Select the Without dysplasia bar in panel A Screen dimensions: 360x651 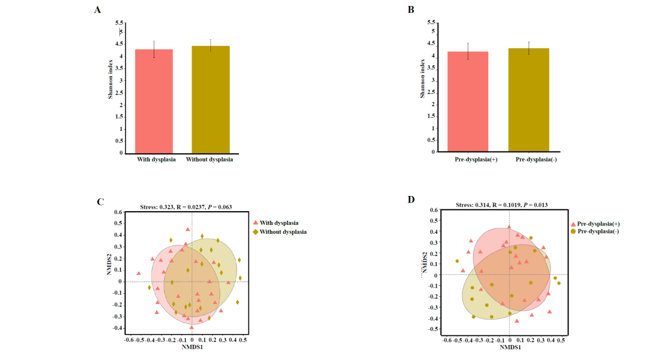pyautogui.click(x=210, y=99)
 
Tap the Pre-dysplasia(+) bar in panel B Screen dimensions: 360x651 pyautogui.click(x=468, y=102)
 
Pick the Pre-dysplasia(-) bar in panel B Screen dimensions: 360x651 pyautogui.click(x=528, y=100)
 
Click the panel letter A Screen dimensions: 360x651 pyautogui.click(x=97, y=10)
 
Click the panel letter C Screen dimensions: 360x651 pyautogui.click(x=101, y=201)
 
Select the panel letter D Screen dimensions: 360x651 pyautogui.click(x=411, y=200)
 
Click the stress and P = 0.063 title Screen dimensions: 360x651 pyautogui.click(x=186, y=207)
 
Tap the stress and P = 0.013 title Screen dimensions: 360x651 pyautogui.click(x=502, y=205)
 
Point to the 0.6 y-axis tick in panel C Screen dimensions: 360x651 pyautogui.click(x=119, y=212)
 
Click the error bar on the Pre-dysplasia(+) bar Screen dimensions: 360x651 pyautogui.click(x=468, y=51)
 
